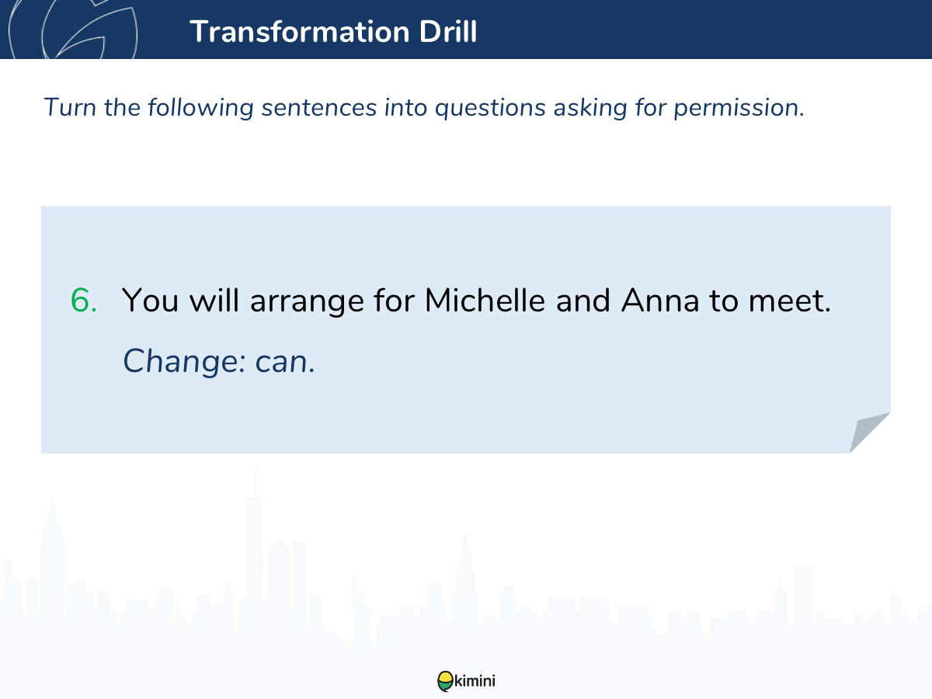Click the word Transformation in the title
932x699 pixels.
pos(300,32)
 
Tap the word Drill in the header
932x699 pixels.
pos(448,31)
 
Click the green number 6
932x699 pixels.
pos(83,301)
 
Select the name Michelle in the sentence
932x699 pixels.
pos(485,300)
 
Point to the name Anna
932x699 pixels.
pos(660,300)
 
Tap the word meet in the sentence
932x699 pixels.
pos(785,301)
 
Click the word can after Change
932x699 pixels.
pos(281,363)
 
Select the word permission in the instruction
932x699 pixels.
pos(739,108)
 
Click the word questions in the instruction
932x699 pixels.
pos(490,108)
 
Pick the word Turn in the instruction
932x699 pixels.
pos(70,107)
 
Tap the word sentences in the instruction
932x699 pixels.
pos(319,108)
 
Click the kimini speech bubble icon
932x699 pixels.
pos(445,681)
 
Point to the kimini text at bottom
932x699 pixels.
pos(475,681)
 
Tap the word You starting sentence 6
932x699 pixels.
pos(151,301)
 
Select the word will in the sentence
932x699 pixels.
pos(214,300)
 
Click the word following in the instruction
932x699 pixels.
pos(200,108)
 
